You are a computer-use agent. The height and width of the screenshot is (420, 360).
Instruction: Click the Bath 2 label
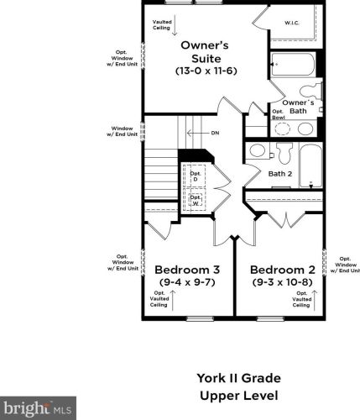pos(280,174)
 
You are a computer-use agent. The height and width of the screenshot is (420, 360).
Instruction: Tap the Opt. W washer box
pos(196,200)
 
